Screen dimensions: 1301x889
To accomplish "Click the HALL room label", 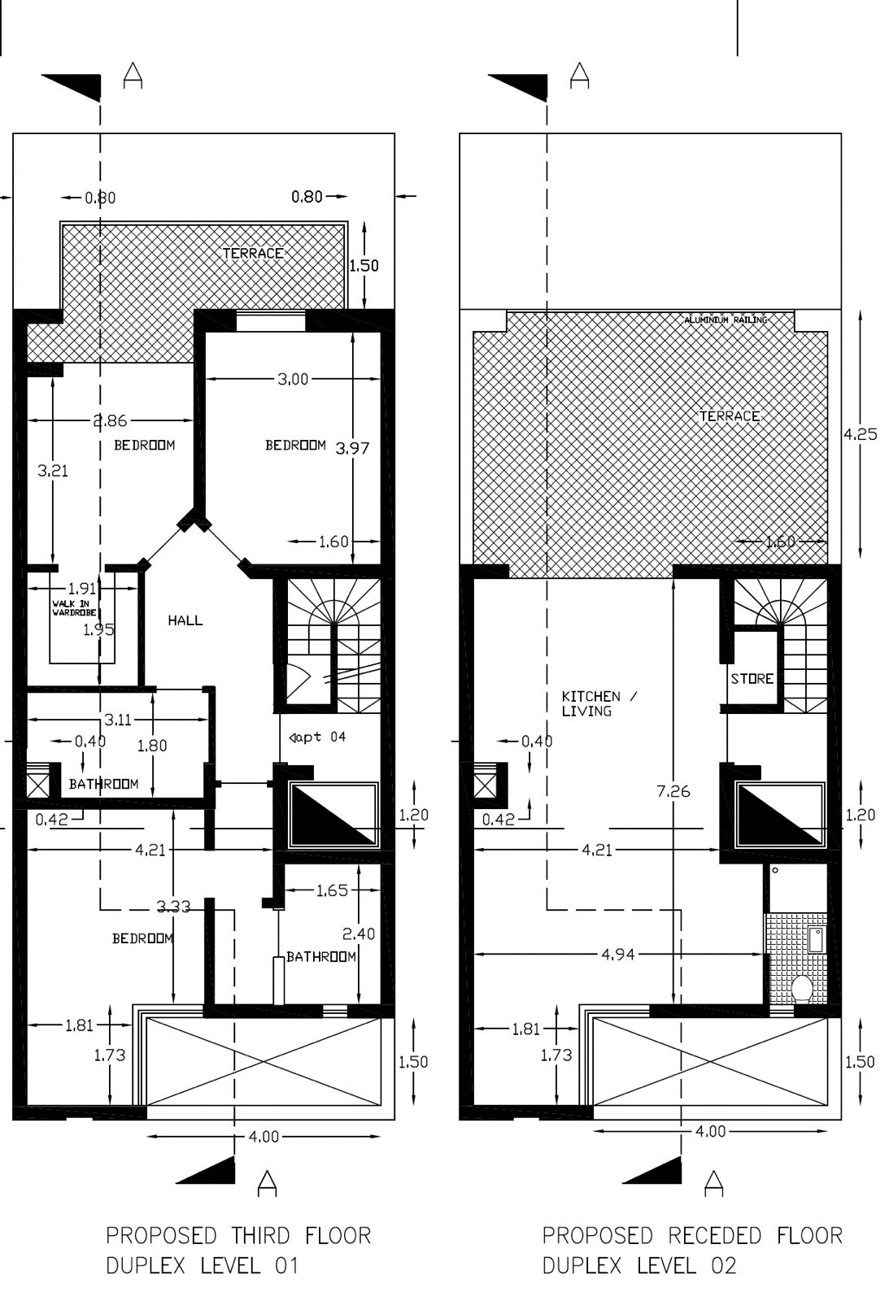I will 185,620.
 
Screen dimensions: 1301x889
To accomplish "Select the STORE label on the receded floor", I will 752,678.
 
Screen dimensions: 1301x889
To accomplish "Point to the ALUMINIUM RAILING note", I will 726,320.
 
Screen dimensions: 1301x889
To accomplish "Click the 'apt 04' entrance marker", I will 318,737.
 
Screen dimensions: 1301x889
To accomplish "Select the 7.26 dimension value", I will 673,790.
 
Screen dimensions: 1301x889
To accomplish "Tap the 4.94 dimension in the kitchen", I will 618,955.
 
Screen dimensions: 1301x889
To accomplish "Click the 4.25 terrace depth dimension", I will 860,434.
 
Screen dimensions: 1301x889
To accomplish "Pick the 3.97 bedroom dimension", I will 352,447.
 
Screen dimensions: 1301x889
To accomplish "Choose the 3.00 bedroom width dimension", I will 293,379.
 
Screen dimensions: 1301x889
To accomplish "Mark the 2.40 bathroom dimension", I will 359,933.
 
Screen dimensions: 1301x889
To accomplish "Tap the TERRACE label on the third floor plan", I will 253,254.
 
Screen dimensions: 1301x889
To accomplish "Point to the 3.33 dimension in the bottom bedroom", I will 173,906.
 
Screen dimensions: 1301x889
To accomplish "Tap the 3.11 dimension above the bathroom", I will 118,720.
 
